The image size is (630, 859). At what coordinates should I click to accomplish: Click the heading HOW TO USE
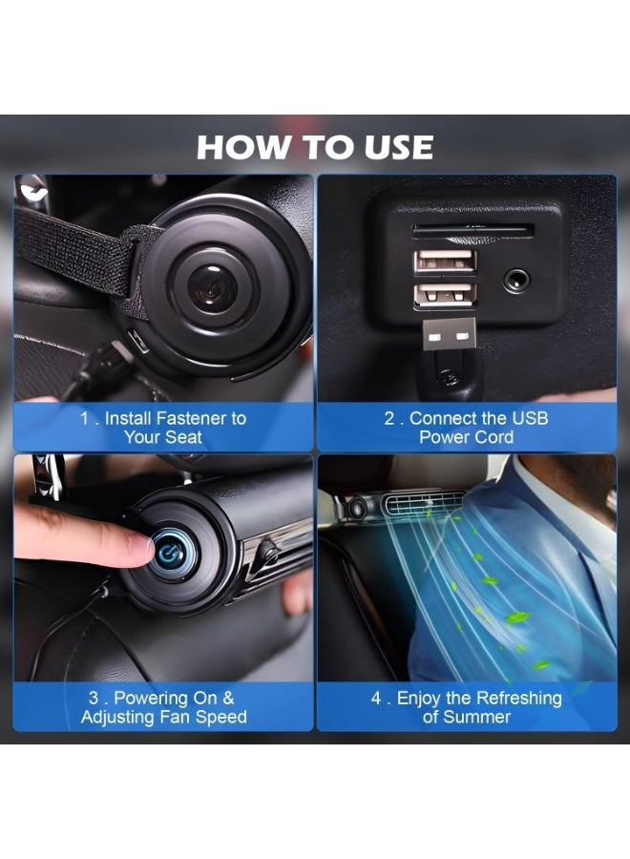(315, 147)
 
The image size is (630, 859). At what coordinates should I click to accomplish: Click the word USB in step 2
(530, 418)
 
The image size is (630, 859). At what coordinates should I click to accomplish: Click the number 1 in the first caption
(84, 418)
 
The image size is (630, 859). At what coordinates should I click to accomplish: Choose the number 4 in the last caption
(376, 698)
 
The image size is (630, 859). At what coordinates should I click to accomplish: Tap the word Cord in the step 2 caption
(494, 437)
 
